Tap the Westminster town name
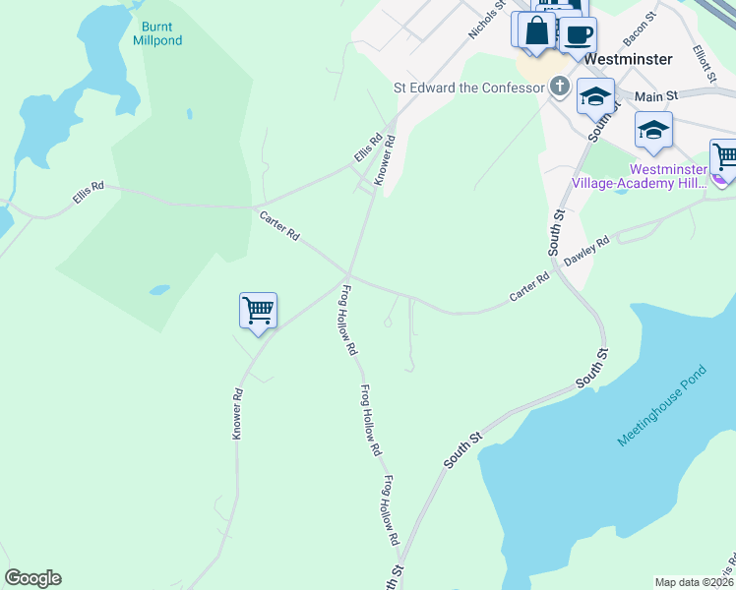[x=628, y=59]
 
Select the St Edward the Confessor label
[x=469, y=88]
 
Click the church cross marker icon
[x=559, y=87]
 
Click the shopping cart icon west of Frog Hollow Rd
[x=258, y=311]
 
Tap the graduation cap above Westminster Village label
[x=654, y=131]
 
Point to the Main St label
[x=657, y=96]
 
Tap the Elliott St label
[x=703, y=65]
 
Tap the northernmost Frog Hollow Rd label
[x=347, y=320]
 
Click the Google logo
[x=32, y=577]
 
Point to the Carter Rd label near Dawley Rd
[x=528, y=288]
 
